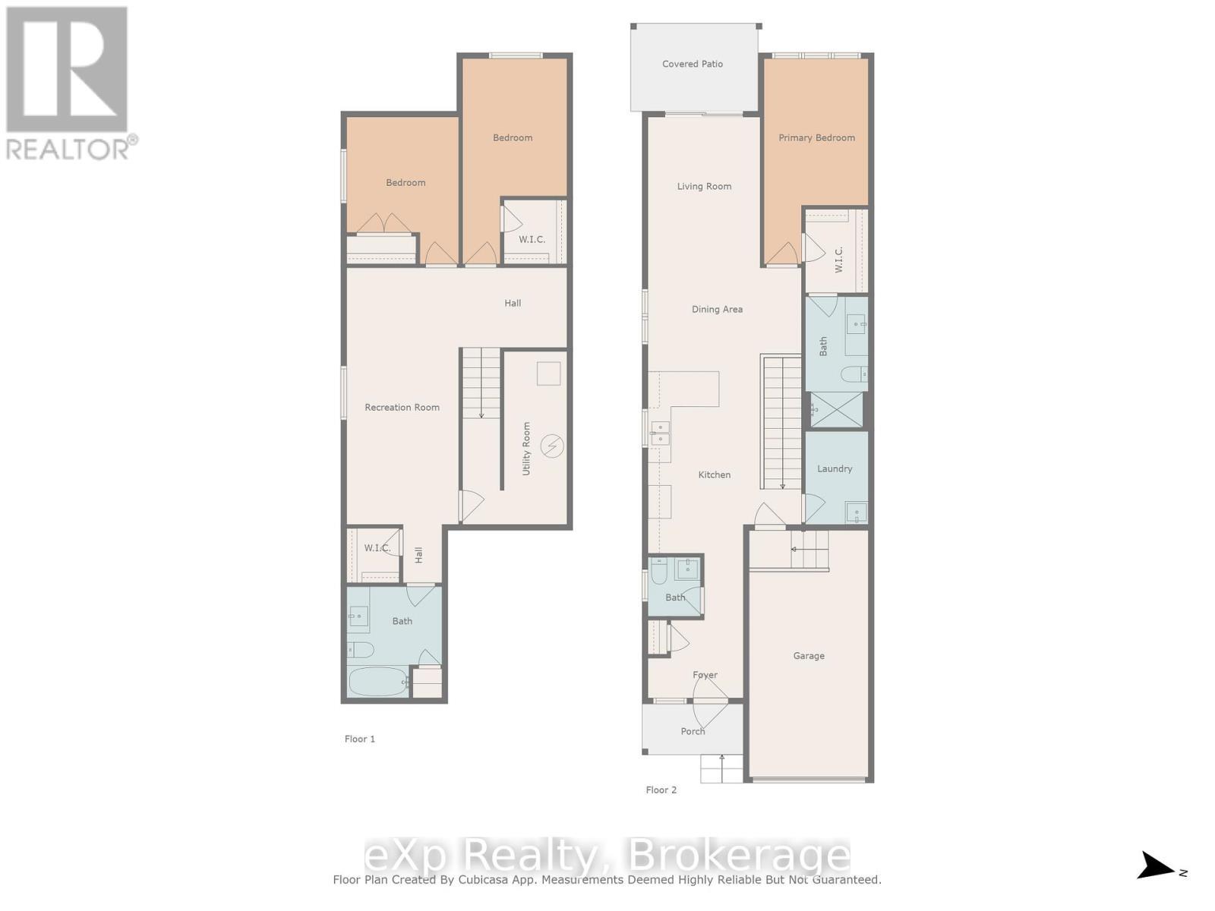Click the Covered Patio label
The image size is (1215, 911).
(692, 64)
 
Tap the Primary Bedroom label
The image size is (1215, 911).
(816, 137)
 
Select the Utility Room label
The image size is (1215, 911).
(526, 449)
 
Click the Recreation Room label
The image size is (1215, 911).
(402, 407)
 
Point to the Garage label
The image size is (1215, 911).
(808, 655)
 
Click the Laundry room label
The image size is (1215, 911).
(834, 468)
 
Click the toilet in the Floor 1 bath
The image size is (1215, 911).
(361, 650)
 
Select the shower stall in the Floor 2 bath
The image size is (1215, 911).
(837, 410)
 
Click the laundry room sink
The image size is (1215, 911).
(856, 512)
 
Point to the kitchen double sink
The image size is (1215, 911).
(659, 433)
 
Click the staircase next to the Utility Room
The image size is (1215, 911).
(481, 383)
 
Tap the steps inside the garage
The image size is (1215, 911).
(808, 549)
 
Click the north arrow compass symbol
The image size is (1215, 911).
(1157, 865)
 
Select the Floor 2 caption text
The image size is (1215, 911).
(661, 790)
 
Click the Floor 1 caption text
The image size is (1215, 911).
(359, 739)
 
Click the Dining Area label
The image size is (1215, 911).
(716, 309)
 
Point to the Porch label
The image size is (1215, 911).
(692, 731)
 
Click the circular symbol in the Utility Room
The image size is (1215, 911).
(552, 446)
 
